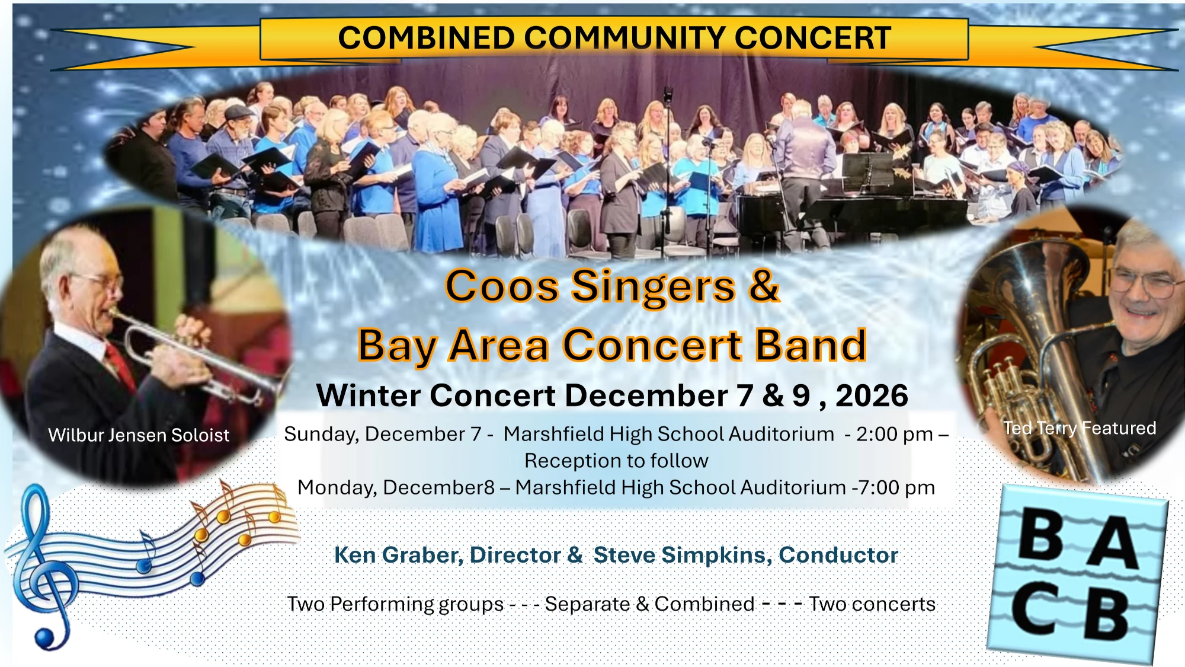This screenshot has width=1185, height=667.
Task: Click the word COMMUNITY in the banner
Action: click(624, 37)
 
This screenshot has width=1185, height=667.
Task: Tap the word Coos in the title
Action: click(502, 286)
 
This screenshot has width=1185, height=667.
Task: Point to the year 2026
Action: click(872, 395)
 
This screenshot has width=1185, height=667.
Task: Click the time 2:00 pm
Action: click(895, 435)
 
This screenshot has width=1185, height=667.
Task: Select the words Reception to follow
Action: click(616, 461)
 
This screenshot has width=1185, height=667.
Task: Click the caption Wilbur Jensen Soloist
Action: click(139, 435)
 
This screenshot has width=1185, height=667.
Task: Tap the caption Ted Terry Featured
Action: click(1080, 428)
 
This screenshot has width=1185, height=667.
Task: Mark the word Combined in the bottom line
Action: click(704, 604)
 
